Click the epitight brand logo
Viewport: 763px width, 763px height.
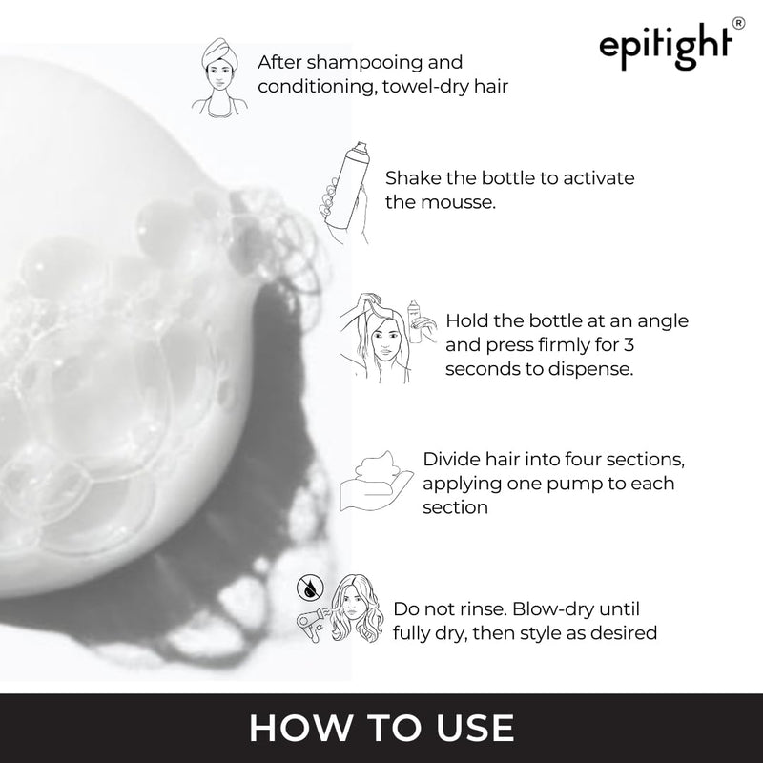click(666, 46)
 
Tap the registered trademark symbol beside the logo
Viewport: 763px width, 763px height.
click(738, 23)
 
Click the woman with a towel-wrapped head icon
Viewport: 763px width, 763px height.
click(220, 78)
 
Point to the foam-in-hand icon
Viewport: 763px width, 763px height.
click(377, 481)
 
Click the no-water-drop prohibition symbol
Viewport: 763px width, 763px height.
click(309, 588)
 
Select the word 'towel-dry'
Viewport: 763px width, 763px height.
click(425, 87)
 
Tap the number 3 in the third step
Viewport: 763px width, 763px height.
click(629, 345)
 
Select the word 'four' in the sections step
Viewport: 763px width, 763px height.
click(581, 460)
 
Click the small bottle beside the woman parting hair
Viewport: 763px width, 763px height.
click(415, 321)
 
